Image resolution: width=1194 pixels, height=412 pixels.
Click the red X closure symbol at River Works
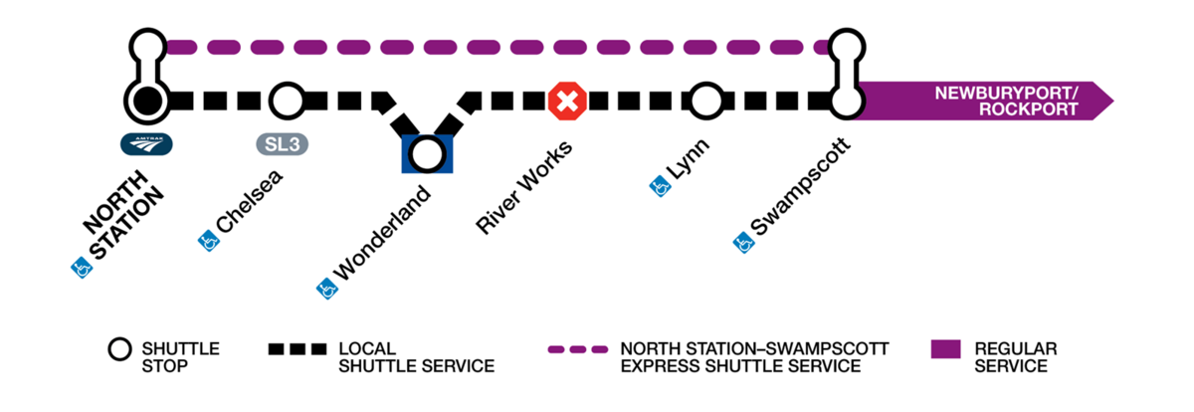click(568, 101)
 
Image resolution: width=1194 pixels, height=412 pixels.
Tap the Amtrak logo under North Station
click(147, 144)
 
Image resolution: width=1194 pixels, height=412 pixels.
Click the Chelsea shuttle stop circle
click(287, 100)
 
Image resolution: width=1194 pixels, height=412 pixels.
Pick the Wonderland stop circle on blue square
click(428, 153)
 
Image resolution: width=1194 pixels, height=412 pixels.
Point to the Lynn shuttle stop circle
click(705, 100)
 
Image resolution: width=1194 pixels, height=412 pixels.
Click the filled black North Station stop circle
click(147, 100)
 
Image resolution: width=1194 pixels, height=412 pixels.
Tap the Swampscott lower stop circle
click(847, 100)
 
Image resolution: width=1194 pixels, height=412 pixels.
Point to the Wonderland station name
click(384, 233)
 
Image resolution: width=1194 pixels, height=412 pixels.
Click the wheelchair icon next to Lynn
click(657, 185)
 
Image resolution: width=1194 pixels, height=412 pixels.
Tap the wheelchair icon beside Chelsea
click(208, 240)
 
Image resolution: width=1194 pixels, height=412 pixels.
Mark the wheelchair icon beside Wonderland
click(325, 289)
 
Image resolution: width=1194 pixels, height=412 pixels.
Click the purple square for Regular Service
click(945, 349)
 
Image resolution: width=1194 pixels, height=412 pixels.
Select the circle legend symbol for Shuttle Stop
click(119, 350)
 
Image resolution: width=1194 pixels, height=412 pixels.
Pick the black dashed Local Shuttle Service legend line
click(297, 350)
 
